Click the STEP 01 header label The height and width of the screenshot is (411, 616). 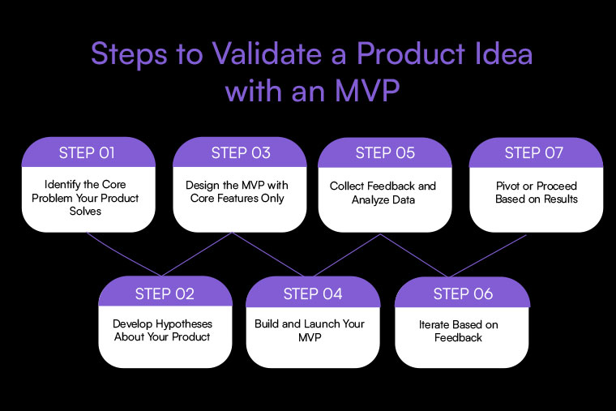tap(87, 152)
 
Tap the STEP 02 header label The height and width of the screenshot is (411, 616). tap(165, 293)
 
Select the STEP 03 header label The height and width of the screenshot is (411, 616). tap(241, 152)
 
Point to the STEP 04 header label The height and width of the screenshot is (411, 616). tap(313, 293)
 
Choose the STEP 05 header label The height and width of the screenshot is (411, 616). tap(385, 152)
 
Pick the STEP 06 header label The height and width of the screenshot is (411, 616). tap(463, 293)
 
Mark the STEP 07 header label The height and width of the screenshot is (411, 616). tap(534, 152)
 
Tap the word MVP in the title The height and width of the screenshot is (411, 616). tap(367, 91)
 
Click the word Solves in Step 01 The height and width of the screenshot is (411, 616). tap(85, 211)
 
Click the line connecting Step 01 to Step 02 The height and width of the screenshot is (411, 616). tap(124, 254)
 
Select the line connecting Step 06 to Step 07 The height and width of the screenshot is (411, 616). tap(487, 256)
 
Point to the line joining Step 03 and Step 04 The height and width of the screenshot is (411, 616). tap(268, 254)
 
